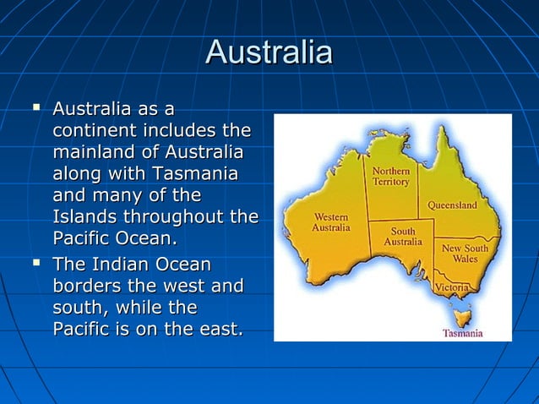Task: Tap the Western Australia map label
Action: click(x=331, y=222)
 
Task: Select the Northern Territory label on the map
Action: click(x=391, y=176)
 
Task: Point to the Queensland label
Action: click(x=452, y=205)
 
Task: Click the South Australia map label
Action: click(x=403, y=236)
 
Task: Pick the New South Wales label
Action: click(x=465, y=254)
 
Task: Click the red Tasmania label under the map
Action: click(x=463, y=333)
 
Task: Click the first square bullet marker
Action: click(x=35, y=110)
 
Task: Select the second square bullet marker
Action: click(x=35, y=265)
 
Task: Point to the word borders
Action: click(x=90, y=286)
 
